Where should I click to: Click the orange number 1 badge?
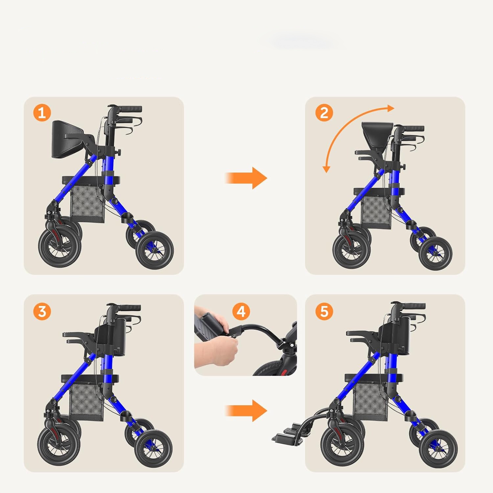pos(42,113)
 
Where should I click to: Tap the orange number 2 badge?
pos(324,113)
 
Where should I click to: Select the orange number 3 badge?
pos(42,311)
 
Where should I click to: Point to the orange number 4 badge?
pos(241,311)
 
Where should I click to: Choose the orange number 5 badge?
pos(324,311)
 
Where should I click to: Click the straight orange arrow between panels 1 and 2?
pos(246,178)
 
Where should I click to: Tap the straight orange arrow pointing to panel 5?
pos(246,411)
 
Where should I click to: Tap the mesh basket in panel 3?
pos(86,402)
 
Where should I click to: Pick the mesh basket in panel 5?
pos(370,402)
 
